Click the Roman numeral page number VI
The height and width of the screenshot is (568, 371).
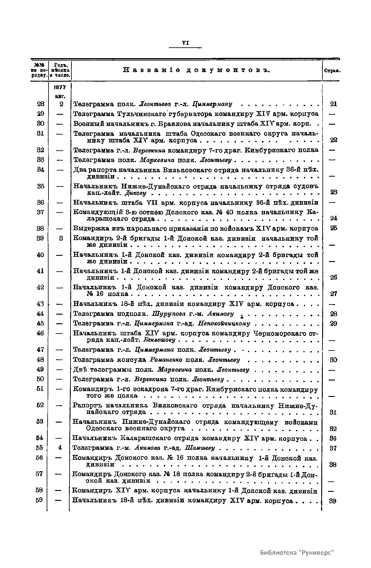185,43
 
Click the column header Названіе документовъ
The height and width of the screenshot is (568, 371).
197,70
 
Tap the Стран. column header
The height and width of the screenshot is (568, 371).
332,71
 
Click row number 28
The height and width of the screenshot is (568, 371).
41,104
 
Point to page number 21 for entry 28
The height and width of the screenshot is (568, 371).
333,104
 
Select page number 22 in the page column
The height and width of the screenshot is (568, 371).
333,140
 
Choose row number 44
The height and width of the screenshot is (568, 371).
41,314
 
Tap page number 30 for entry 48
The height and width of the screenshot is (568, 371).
333,360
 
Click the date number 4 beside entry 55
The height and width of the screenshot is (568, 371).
60,448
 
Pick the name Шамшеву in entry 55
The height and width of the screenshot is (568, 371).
202,448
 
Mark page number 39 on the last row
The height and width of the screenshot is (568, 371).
333,501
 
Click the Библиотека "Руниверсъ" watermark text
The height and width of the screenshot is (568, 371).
297,553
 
